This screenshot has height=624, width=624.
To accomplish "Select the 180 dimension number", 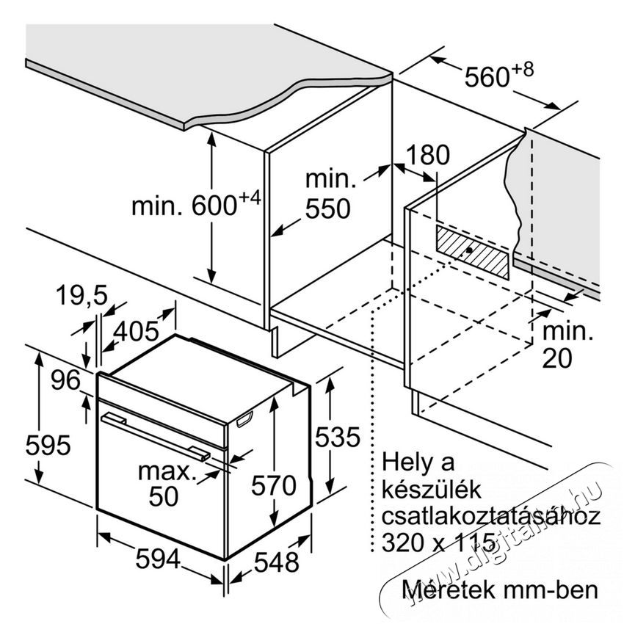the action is pyautogui.click(x=428, y=154).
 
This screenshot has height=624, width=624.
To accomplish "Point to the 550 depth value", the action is pyautogui.click(x=327, y=208).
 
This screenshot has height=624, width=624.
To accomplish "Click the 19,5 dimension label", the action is pyautogui.click(x=82, y=295).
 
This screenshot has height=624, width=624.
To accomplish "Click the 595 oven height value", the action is pyautogui.click(x=48, y=445).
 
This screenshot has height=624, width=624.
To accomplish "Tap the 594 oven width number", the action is pyautogui.click(x=158, y=559).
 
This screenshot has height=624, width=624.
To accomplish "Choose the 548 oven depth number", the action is pyautogui.click(x=276, y=562).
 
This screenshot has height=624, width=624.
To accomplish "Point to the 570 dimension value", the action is pyautogui.click(x=273, y=485).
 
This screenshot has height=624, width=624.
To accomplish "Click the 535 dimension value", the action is pyautogui.click(x=338, y=437).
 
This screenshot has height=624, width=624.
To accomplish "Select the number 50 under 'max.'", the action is pyautogui.click(x=164, y=496).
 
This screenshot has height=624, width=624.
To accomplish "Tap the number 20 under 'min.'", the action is pyautogui.click(x=557, y=358).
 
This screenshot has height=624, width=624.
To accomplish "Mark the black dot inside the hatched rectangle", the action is pyautogui.click(x=469, y=250).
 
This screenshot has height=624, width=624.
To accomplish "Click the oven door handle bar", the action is pyautogui.click(x=156, y=437).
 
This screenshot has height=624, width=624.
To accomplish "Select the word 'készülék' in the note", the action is pyautogui.click(x=432, y=490).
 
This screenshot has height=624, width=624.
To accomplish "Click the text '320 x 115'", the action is pyautogui.click(x=438, y=542).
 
